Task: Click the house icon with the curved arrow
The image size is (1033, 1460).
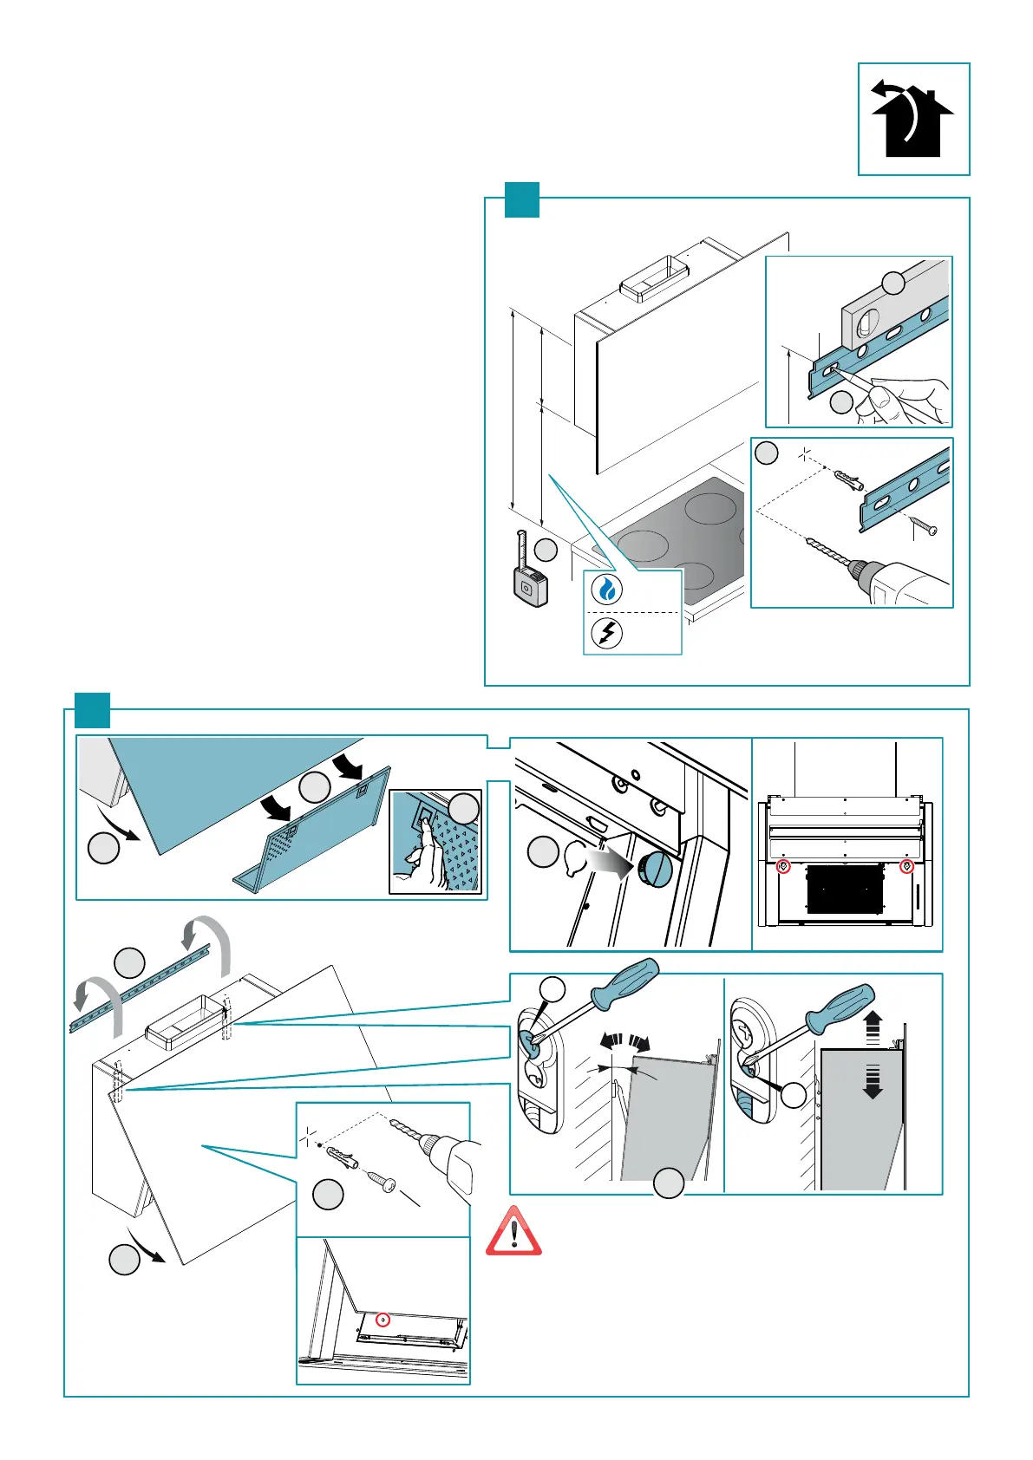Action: click(x=912, y=119)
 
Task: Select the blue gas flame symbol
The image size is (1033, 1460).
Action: click(x=607, y=590)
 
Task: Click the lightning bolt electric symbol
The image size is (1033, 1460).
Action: click(x=607, y=633)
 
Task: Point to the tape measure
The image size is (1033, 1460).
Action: click(x=529, y=582)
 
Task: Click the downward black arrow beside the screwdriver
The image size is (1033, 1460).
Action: click(x=873, y=1082)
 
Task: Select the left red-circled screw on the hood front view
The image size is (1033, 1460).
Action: click(x=783, y=866)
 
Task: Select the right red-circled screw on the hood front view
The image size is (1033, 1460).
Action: click(x=907, y=866)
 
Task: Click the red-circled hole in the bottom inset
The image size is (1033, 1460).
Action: click(x=383, y=1320)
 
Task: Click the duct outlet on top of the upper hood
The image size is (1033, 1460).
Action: click(x=653, y=280)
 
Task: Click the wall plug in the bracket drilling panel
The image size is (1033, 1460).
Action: click(x=846, y=479)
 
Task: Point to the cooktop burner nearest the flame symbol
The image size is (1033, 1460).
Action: click(x=642, y=546)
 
